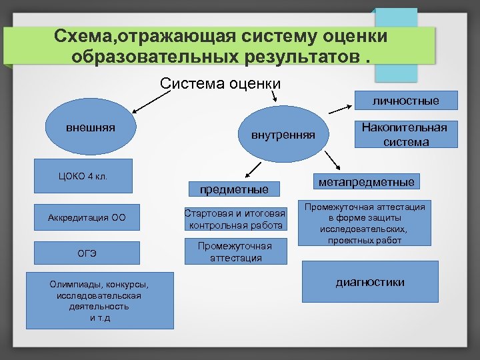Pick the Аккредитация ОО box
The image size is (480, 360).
[x=87, y=217]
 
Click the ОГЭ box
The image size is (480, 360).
[x=87, y=253]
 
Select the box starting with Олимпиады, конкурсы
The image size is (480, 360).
[x=99, y=300]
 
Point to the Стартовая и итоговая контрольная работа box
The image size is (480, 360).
[x=235, y=219]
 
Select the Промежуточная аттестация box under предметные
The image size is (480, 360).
[x=235, y=251]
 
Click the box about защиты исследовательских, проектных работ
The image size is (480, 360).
[x=365, y=223]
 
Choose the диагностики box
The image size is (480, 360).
[x=370, y=282]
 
